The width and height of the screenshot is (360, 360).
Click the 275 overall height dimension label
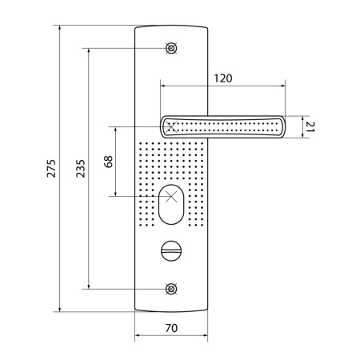point(51,169)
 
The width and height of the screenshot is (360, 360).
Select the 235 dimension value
point(81,169)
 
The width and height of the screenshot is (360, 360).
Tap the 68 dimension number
point(109,162)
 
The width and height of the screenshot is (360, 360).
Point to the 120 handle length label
point(223,78)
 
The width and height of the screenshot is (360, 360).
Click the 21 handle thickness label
point(310,126)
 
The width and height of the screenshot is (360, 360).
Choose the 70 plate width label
point(171,328)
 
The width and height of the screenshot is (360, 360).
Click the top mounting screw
point(171,48)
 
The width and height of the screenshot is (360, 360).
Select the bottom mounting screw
point(171,289)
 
